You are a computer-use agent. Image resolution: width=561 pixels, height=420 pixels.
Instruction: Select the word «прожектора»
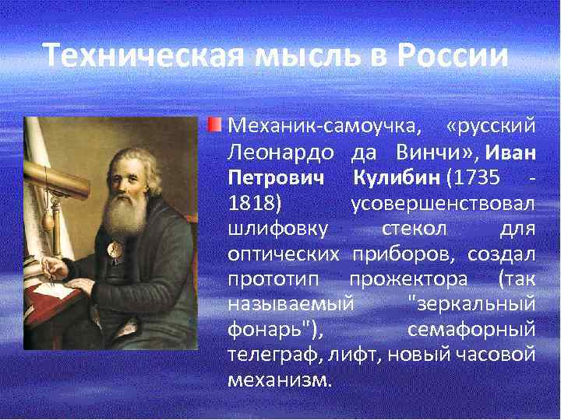(x=408, y=278)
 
